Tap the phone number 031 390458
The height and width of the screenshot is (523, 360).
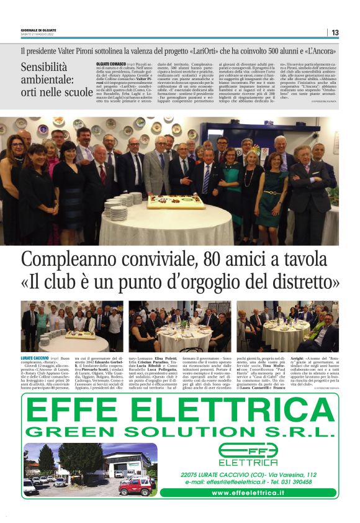click(312, 481)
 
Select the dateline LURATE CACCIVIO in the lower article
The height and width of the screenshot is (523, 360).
click(35, 358)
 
